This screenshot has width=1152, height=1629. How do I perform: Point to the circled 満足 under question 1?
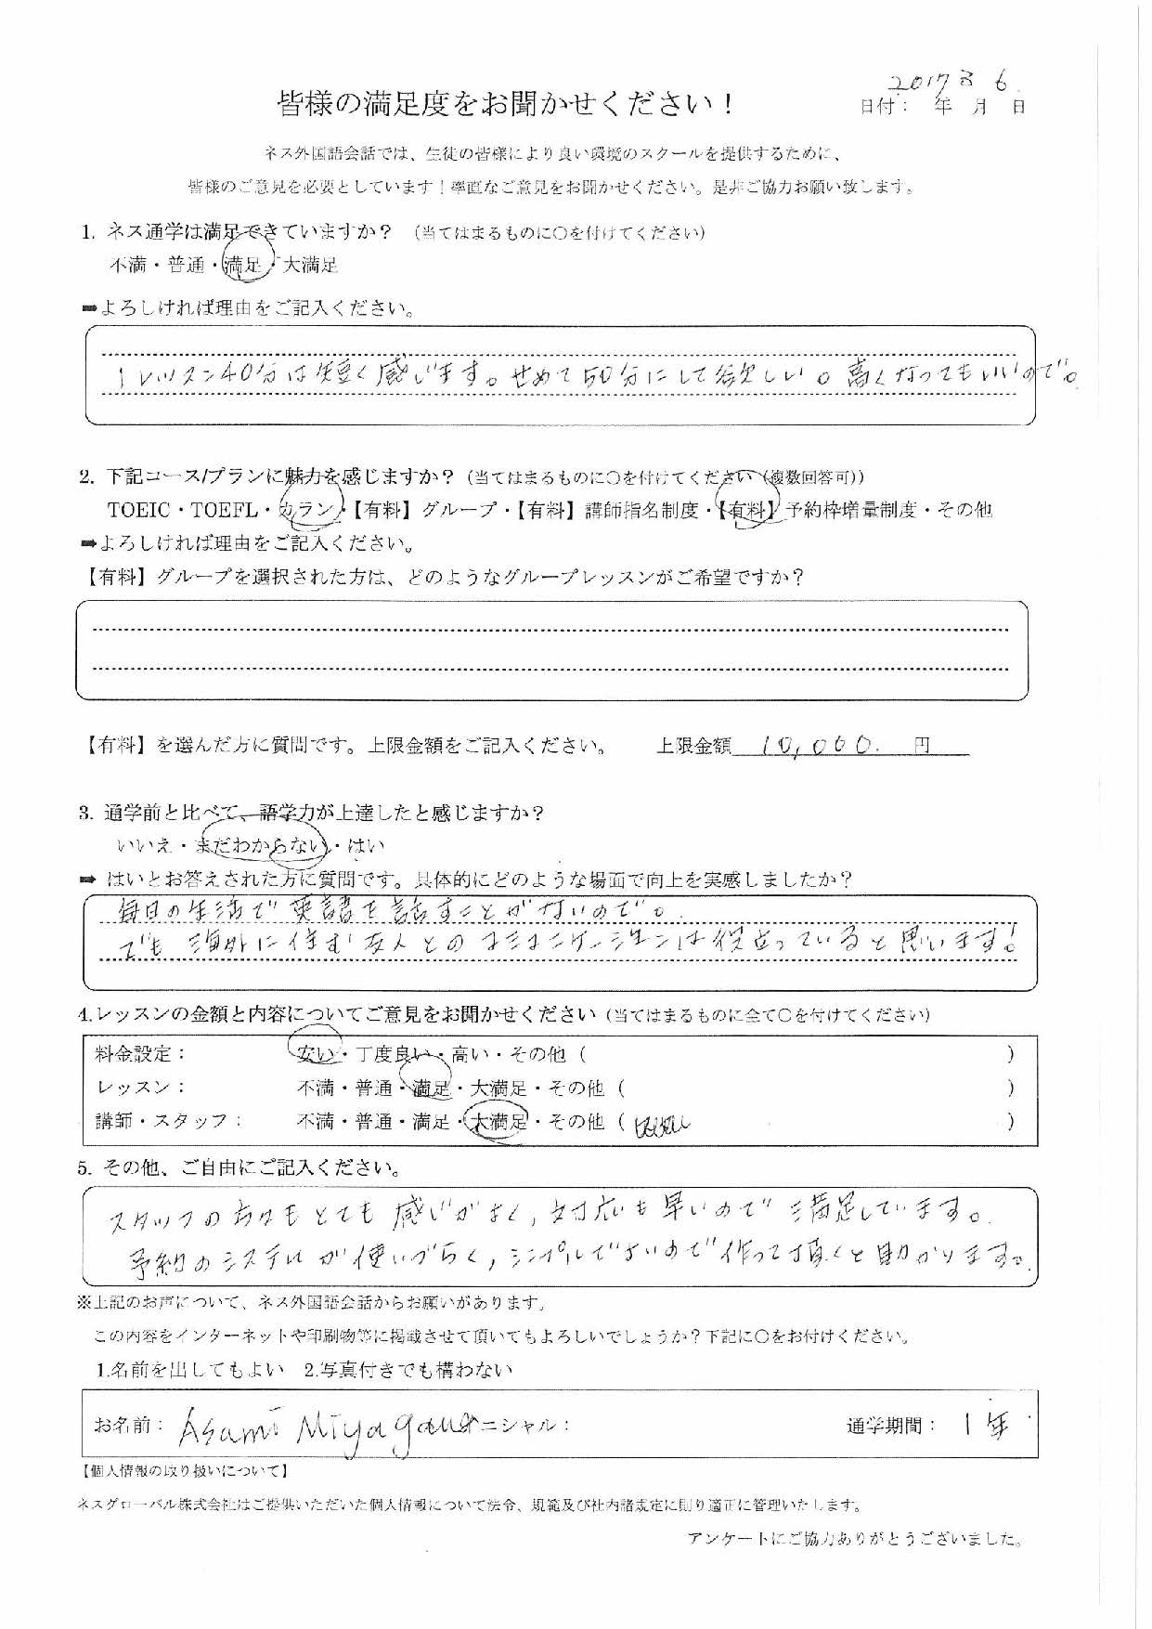coord(245,266)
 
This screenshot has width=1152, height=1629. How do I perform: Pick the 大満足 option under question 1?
coord(310,266)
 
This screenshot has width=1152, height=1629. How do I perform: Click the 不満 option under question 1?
coord(128,266)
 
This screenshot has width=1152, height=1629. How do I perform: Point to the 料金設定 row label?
coord(140,1054)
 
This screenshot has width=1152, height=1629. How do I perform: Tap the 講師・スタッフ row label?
coord(162,1122)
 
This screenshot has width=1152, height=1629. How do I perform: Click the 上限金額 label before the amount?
coord(693,746)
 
